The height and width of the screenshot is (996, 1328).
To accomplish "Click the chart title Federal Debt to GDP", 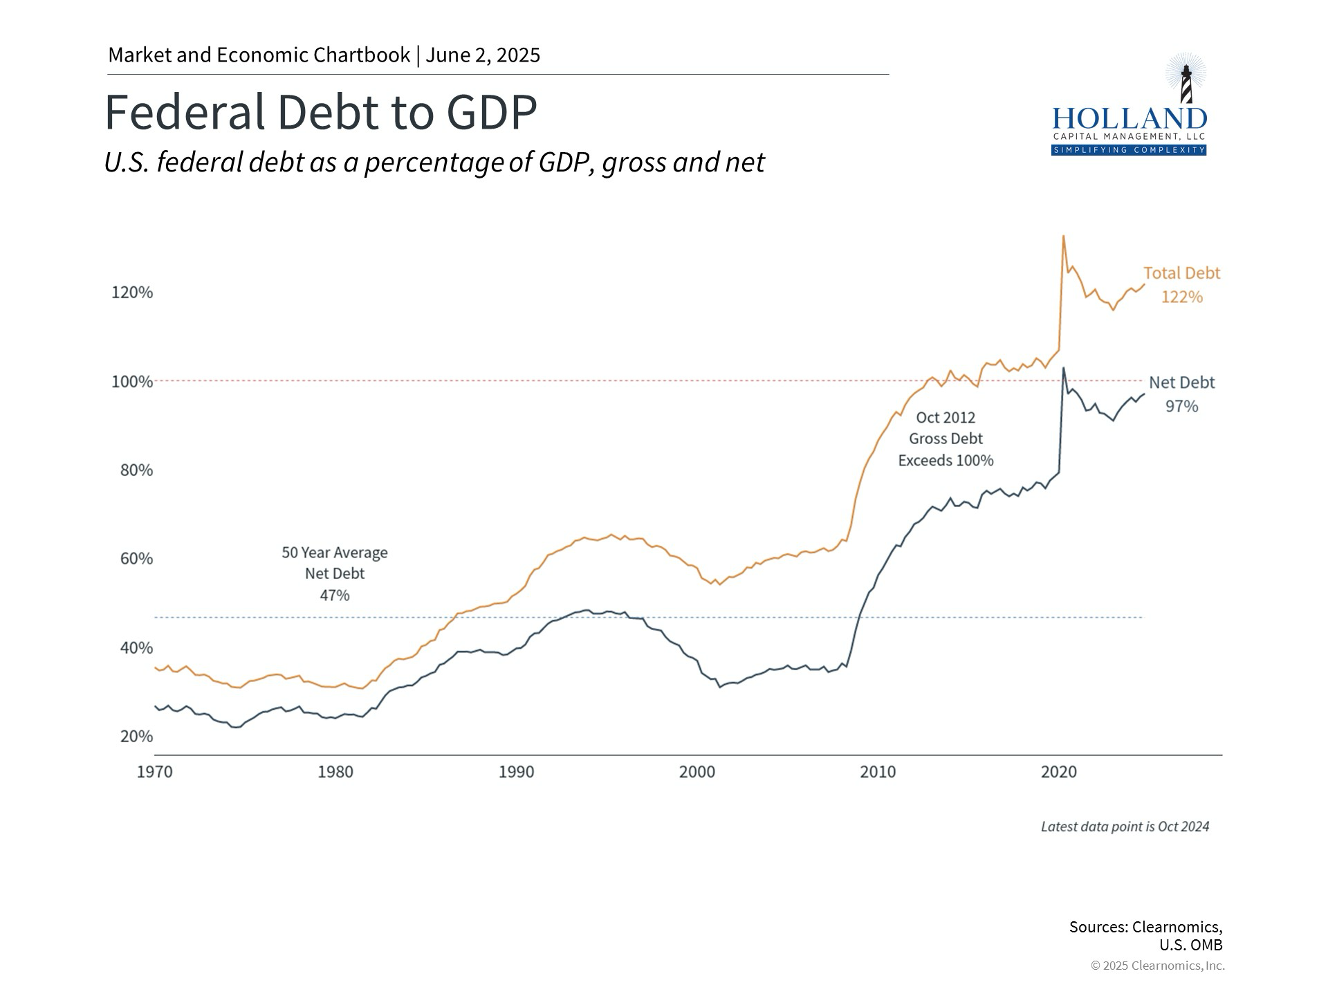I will pyautogui.click(x=320, y=112).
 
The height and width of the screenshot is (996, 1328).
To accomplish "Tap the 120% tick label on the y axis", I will pyautogui.click(x=132, y=293).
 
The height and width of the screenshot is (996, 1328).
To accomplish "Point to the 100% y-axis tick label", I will pyautogui.click(x=132, y=382).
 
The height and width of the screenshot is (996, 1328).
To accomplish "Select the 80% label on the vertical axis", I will pyautogui.click(x=136, y=470).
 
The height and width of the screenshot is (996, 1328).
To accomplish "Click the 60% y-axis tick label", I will pyautogui.click(x=136, y=559).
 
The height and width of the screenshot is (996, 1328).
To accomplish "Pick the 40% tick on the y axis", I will pyautogui.click(x=136, y=648).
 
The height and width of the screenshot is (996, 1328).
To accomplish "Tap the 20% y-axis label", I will pyautogui.click(x=136, y=737).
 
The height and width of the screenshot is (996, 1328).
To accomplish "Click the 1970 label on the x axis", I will pyautogui.click(x=154, y=772).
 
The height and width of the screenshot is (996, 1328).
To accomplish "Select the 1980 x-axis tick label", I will pyautogui.click(x=335, y=772).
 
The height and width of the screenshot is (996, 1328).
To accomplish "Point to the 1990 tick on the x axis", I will pyautogui.click(x=516, y=772).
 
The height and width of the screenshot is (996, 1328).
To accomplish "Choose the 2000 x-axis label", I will pyautogui.click(x=697, y=772).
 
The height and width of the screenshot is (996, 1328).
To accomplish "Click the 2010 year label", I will pyautogui.click(x=878, y=772).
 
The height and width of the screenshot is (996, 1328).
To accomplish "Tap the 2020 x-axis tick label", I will pyautogui.click(x=1059, y=772).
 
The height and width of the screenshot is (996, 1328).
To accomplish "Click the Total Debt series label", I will pyautogui.click(x=1181, y=273).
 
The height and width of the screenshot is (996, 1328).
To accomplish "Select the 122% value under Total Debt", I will pyautogui.click(x=1181, y=297).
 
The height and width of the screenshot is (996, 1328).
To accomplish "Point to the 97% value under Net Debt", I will pyautogui.click(x=1181, y=407).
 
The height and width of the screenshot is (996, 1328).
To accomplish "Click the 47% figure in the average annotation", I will pyautogui.click(x=335, y=596).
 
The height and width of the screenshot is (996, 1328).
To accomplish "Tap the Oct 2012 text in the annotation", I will pyautogui.click(x=946, y=418).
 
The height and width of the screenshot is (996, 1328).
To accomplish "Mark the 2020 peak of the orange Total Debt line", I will pyautogui.click(x=1063, y=237).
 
